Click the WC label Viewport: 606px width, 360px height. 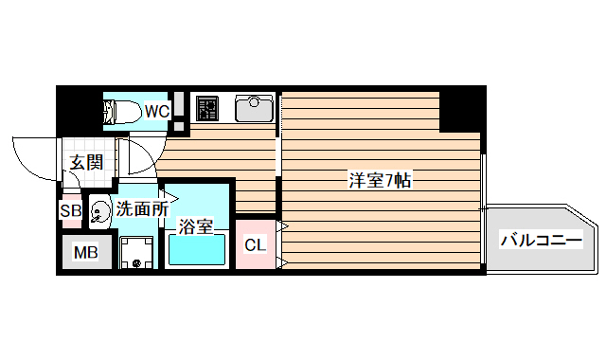tap(157, 112)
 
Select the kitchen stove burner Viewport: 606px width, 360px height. tap(207, 109)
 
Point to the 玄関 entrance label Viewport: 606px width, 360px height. tap(85, 162)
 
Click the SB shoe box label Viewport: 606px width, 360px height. tap(70, 211)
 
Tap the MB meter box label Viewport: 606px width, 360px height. tap(86, 253)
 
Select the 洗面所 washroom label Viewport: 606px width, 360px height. tap(142, 207)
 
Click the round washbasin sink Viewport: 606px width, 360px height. tap(99, 214)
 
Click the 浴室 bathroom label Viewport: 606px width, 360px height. tap(196, 226)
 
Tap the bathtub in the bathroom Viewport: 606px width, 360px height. tap(197, 252)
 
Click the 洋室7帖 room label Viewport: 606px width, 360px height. tap(379, 180)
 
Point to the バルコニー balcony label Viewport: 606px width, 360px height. tap(540, 241)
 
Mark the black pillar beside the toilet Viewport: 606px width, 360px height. tap(79, 111)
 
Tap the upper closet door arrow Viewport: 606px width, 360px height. tap(281, 226)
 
